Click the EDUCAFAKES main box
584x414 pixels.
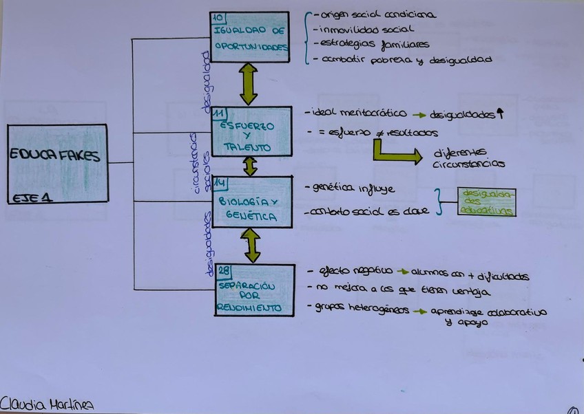57,163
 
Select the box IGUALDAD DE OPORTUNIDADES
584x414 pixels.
249,38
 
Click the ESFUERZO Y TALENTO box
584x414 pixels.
251,131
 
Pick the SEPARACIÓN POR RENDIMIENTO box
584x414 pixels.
253,290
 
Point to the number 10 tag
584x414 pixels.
218,19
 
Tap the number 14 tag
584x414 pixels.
220,182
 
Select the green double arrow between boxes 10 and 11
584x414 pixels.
248,84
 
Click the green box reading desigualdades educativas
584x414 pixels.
486,201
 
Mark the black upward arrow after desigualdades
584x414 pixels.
501,114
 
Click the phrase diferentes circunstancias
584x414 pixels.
468,158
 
